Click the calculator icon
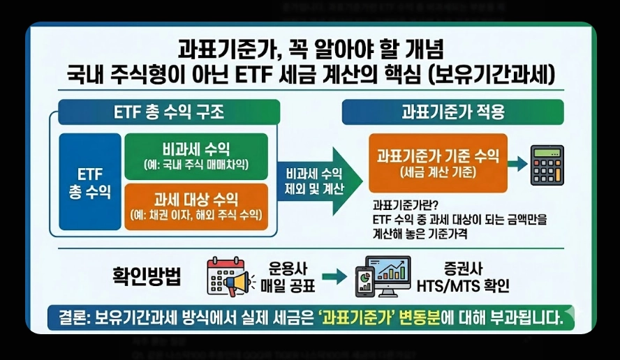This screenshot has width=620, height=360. (x=547, y=165)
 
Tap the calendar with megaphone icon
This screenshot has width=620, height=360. (x=229, y=277)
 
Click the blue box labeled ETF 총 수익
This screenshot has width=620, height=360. (x=90, y=181)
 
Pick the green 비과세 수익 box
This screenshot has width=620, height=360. (x=195, y=156)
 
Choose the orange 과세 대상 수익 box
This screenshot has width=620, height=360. (x=195, y=207)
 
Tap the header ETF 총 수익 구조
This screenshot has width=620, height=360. (x=169, y=112)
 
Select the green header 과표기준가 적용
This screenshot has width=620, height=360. (x=452, y=112)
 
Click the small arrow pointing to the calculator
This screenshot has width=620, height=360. (x=517, y=164)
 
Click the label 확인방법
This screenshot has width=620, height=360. (x=147, y=276)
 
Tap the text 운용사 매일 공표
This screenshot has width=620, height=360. (x=288, y=277)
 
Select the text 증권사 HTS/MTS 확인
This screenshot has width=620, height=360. (x=462, y=277)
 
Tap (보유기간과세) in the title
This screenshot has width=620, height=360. (x=489, y=74)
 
